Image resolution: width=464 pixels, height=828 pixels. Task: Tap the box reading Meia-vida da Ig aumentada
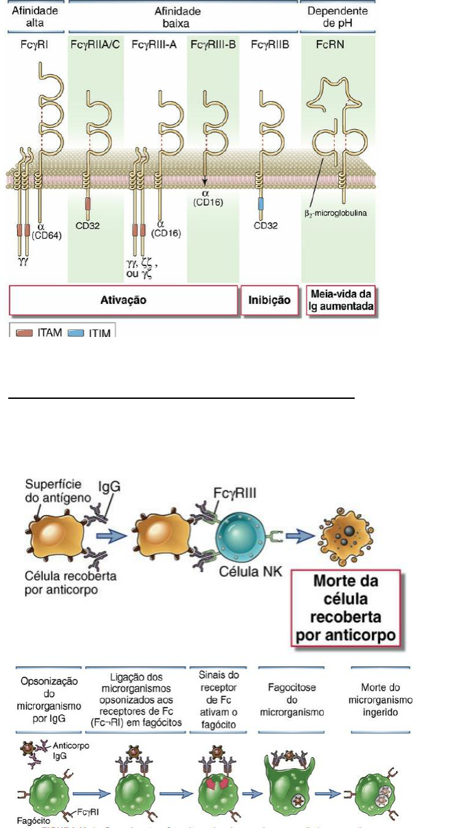click(x=341, y=300)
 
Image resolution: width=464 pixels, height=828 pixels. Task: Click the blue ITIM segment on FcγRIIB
click(x=261, y=204)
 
